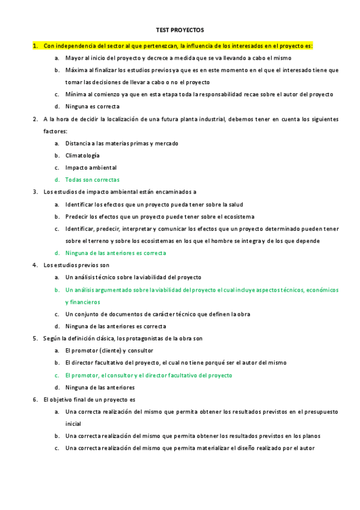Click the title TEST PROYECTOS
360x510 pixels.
(x=180, y=29)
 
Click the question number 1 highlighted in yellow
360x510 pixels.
(x=35, y=46)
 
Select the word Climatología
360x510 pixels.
(x=82, y=155)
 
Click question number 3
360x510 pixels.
(x=35, y=192)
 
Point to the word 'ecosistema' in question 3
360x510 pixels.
(x=239, y=217)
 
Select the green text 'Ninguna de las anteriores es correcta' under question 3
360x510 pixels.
(x=115, y=253)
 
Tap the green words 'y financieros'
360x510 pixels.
(x=82, y=302)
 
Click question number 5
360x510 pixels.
(x=35, y=339)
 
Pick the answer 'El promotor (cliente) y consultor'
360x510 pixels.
(x=109, y=351)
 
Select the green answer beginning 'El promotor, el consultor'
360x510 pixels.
(x=148, y=375)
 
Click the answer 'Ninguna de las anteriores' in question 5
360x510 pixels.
(x=100, y=387)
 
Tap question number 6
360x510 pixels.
(x=35, y=399)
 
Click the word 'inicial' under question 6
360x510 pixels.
(x=73, y=424)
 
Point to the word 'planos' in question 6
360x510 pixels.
(x=311, y=436)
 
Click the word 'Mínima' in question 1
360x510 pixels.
(x=75, y=94)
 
